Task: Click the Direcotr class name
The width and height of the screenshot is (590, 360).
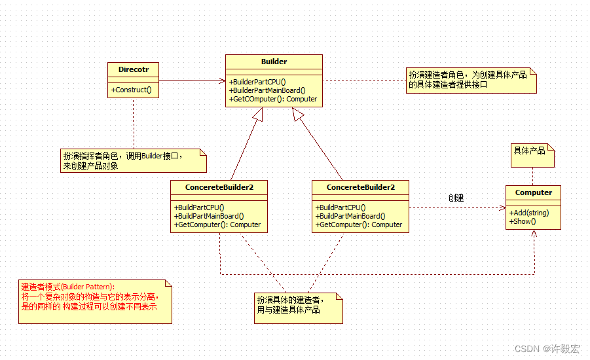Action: point(133,69)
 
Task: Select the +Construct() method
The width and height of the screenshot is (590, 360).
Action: point(132,90)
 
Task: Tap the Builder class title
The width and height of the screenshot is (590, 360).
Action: point(274,62)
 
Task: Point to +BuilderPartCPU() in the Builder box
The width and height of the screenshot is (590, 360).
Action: point(257,82)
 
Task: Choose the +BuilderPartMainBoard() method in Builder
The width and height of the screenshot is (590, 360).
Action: point(267,90)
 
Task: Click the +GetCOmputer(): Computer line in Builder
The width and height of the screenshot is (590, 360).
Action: point(273,99)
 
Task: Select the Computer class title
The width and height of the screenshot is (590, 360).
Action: point(534,192)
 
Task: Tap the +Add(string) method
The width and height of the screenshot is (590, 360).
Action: point(529,213)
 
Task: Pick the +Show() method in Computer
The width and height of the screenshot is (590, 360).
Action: point(523,222)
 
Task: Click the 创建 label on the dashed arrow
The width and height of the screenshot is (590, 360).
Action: point(456,198)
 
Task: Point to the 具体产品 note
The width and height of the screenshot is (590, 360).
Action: point(532,155)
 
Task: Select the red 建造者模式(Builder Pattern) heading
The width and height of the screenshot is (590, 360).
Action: point(68,287)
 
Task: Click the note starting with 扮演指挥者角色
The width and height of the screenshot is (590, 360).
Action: point(134,160)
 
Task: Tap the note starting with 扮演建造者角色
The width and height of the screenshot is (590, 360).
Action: point(471,81)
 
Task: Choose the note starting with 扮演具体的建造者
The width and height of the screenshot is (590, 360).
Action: point(299,308)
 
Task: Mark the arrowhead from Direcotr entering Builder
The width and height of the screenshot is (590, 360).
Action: point(222,81)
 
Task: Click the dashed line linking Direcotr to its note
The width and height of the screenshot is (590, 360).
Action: point(134,124)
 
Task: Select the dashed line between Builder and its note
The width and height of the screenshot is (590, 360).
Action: point(364,81)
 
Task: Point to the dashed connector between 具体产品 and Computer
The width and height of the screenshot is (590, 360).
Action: point(533,177)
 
